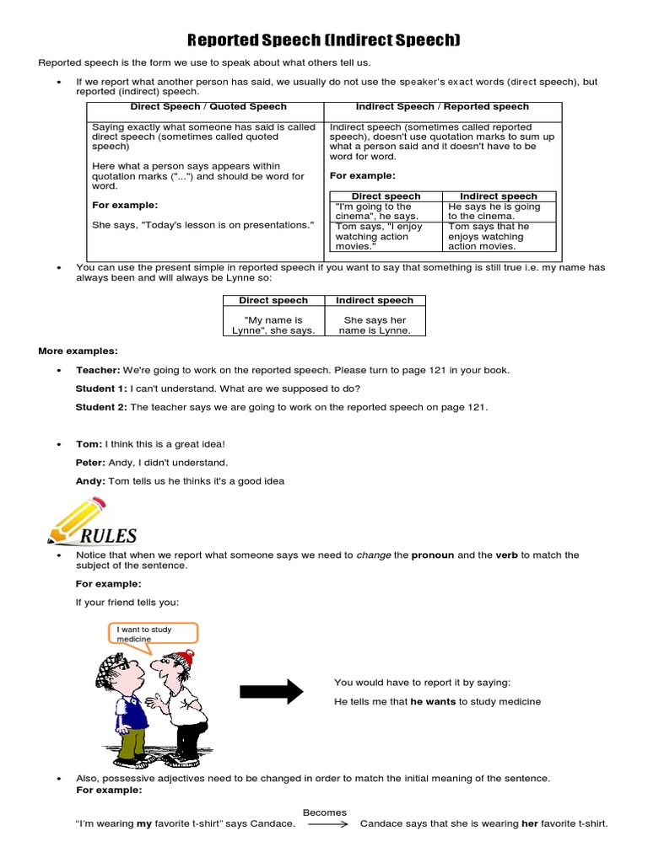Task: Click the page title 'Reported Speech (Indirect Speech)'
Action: pos(323,40)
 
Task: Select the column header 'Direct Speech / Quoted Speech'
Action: pos(208,107)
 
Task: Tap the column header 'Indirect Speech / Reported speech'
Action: pos(442,107)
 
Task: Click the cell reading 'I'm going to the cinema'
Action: pos(374,212)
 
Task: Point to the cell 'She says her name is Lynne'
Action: pos(375,325)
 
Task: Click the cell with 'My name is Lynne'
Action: pos(273,325)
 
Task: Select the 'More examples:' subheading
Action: pos(78,351)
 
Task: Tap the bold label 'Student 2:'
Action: pos(101,407)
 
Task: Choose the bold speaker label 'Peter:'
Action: pos(90,463)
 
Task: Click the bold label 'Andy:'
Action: pos(89,481)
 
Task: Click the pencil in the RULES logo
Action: pos(80,515)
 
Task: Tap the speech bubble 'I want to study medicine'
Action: pos(153,633)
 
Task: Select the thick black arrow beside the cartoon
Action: pos(271,691)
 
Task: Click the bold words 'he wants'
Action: pos(433,701)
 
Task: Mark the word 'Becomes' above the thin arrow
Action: pos(325,812)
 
